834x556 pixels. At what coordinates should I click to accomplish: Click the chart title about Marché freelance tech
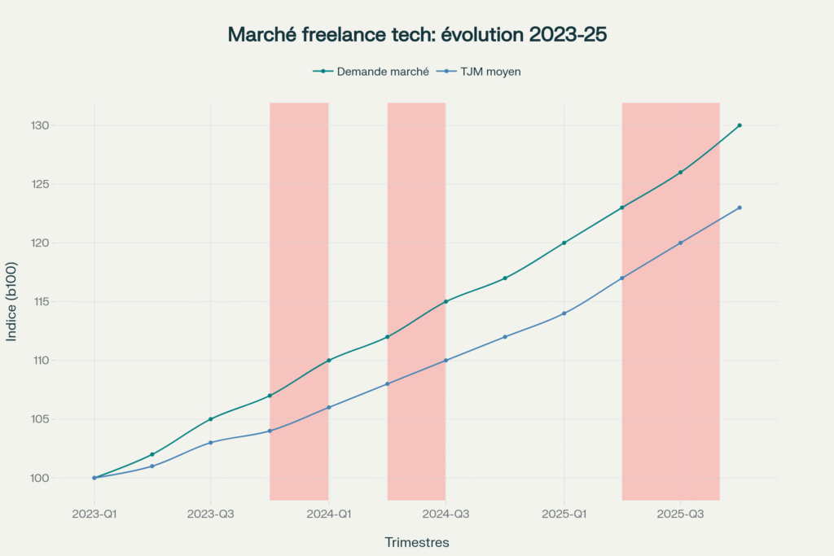pos(417,34)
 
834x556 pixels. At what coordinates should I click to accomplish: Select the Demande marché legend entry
pos(371,72)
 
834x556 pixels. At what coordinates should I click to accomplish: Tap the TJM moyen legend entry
pos(480,72)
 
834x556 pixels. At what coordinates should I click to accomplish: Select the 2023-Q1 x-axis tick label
pos(94,514)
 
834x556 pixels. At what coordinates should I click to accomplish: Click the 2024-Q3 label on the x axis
pos(446,514)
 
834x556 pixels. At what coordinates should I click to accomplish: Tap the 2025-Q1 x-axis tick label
pos(564,514)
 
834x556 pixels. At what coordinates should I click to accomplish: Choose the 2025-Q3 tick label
pos(681,514)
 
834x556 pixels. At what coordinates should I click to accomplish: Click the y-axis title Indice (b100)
pos(12,301)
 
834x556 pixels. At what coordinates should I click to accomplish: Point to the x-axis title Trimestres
pos(416,542)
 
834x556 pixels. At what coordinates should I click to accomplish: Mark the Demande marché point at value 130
pos(740,125)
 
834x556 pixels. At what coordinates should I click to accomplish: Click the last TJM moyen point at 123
pos(740,208)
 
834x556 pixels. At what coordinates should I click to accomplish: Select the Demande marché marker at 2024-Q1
pos(329,360)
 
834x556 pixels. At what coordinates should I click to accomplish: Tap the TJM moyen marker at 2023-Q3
pos(211,442)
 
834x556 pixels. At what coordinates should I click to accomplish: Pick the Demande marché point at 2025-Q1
pos(564,243)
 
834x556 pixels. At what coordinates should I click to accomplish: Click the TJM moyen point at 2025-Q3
pos(681,243)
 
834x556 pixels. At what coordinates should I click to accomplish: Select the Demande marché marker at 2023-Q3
pos(211,419)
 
